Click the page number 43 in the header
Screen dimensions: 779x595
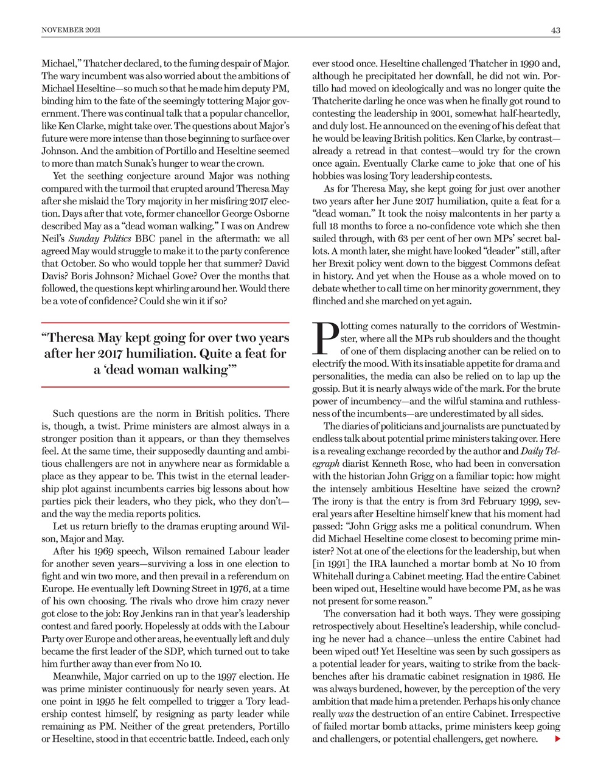(x=555, y=30)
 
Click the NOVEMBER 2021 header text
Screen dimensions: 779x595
(x=71, y=30)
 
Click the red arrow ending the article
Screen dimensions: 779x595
(x=557, y=739)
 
